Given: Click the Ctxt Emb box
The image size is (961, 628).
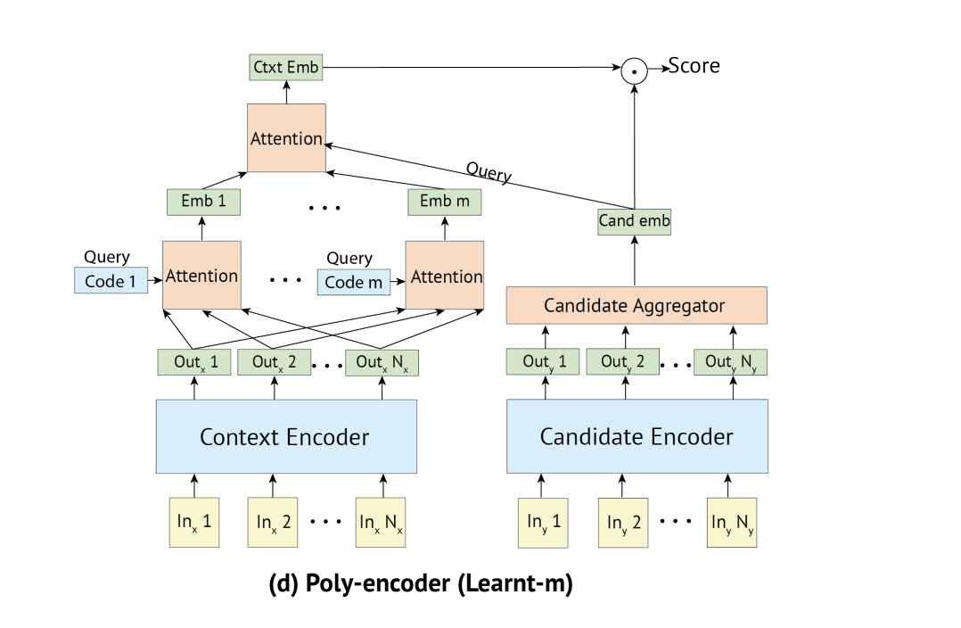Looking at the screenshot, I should tap(285, 66).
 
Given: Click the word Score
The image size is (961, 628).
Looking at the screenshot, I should tap(694, 66).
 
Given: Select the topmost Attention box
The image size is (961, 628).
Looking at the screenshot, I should tap(286, 138).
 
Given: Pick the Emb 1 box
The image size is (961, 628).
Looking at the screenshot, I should tap(197, 202).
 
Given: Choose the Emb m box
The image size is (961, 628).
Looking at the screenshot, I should tap(444, 202).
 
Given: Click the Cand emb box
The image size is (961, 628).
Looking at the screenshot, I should tap(634, 221).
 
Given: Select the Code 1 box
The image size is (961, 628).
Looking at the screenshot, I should tap(111, 282).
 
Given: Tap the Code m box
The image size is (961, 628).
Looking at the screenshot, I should tap(353, 282).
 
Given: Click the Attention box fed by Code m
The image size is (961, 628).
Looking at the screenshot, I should tap(444, 276).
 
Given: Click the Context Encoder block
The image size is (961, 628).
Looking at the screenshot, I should tap(285, 436).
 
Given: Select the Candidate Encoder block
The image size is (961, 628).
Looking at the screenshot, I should tap(637, 436).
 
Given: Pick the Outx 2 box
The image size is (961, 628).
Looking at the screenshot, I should tap(275, 362).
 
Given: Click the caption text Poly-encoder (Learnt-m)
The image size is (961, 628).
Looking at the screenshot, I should tap(420, 585).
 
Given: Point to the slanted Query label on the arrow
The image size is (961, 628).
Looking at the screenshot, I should tap(489, 172).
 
